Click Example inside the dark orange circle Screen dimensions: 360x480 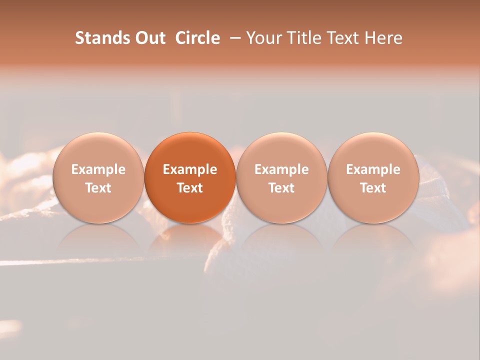click(x=190, y=169)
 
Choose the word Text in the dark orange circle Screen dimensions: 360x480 click(x=190, y=188)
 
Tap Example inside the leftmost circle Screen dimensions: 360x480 click(x=98, y=169)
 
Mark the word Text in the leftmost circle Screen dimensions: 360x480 click(x=98, y=188)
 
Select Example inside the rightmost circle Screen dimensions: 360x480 click(x=373, y=169)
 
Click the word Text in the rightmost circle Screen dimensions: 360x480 click(x=373, y=188)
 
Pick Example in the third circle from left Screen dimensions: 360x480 click(x=281, y=169)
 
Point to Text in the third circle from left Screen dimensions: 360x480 click(x=281, y=188)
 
